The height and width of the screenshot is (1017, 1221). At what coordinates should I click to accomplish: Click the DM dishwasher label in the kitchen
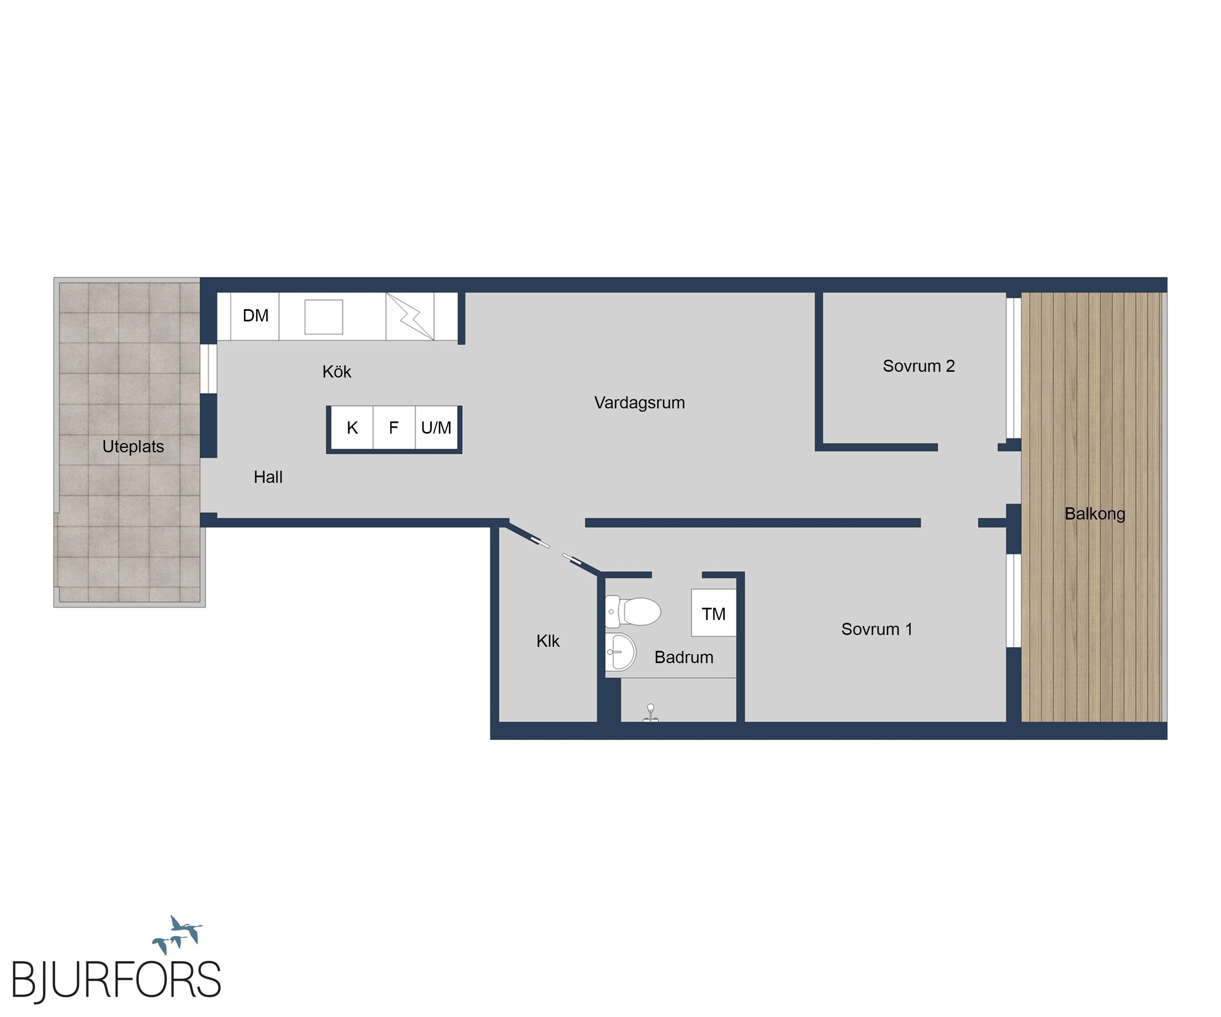pyautogui.click(x=255, y=315)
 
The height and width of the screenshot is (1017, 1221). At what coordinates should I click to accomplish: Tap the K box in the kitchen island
pyautogui.click(x=352, y=428)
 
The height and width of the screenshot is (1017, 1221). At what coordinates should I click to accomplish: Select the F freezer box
pyautogui.click(x=394, y=428)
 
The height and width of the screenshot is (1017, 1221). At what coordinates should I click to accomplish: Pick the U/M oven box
pyautogui.click(x=437, y=428)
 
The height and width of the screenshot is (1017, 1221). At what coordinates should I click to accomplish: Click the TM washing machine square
pyautogui.click(x=714, y=613)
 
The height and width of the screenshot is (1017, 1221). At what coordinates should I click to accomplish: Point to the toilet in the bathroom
pyautogui.click(x=632, y=611)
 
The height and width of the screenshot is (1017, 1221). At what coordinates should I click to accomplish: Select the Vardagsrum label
pyautogui.click(x=640, y=403)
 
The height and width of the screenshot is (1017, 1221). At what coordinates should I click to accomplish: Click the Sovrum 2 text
pyautogui.click(x=919, y=366)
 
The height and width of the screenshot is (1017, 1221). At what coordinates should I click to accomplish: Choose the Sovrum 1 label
pyautogui.click(x=877, y=629)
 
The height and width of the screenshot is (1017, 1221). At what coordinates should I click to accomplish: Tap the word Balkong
pyautogui.click(x=1095, y=514)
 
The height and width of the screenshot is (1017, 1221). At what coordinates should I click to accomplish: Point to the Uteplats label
pyautogui.click(x=133, y=447)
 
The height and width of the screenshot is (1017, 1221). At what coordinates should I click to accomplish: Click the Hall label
pyautogui.click(x=268, y=477)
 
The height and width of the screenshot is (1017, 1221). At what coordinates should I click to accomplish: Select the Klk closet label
pyautogui.click(x=547, y=641)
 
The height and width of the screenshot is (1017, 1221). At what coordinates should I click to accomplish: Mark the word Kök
pyautogui.click(x=337, y=372)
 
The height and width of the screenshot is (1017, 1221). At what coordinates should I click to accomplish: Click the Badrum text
pyautogui.click(x=684, y=657)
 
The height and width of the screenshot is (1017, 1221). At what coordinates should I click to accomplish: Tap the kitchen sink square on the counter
pyautogui.click(x=324, y=317)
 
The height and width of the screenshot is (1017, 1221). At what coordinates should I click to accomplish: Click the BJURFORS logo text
pyautogui.click(x=116, y=981)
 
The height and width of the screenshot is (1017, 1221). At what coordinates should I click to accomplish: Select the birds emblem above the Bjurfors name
pyautogui.click(x=177, y=934)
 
